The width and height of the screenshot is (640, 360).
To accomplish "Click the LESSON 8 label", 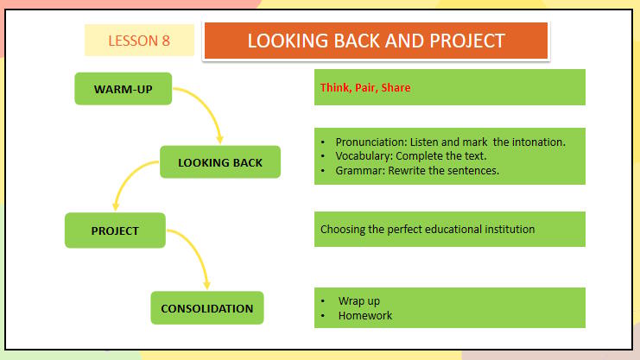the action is pos(139,41).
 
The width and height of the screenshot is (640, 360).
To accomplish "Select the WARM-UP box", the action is pos(124,89).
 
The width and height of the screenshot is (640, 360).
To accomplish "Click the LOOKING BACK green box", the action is pos(220,162).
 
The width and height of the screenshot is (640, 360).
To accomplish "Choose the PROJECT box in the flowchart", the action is pos(115,231).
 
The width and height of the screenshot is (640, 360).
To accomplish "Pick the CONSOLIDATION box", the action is pos(207,307).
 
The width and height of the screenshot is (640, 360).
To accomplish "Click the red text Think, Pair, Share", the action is pos(365,87).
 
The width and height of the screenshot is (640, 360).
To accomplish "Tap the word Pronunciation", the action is pos(371,142).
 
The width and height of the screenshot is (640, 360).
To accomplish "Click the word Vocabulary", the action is pos(364,156).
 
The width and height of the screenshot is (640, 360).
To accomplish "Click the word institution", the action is pos(510,230).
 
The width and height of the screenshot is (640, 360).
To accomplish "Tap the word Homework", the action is pos(365,315).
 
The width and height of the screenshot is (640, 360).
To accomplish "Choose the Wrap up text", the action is pos(359,301).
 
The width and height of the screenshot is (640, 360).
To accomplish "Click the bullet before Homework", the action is pos(323,315).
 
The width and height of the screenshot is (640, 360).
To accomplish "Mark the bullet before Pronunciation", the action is pos(323,142).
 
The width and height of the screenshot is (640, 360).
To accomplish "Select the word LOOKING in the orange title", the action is pos(288,41).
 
